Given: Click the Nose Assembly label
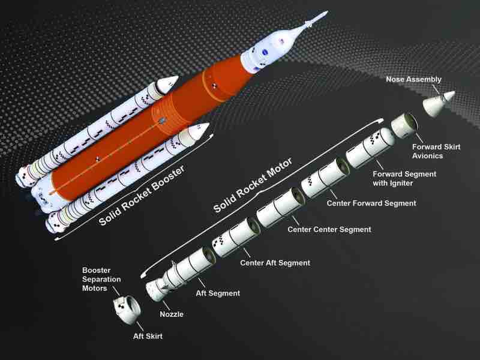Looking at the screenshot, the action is [x=413, y=79].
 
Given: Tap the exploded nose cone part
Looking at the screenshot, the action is [x=439, y=104].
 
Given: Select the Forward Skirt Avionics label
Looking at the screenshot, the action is [x=436, y=151].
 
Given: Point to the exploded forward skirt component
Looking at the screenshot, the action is [x=403, y=125].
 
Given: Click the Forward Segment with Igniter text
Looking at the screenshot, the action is [x=404, y=178].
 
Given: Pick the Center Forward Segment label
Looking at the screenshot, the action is [x=371, y=203].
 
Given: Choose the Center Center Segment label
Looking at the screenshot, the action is [x=329, y=229].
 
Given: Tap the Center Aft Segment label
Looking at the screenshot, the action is [x=275, y=263].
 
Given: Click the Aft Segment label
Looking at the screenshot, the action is [x=218, y=293].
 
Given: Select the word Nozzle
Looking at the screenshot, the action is [x=172, y=314].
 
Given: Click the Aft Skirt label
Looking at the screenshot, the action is [x=148, y=336].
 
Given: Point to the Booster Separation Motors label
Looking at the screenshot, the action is [x=101, y=279].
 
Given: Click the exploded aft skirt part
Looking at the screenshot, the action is [x=127, y=310].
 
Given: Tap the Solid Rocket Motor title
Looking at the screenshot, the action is [x=253, y=185].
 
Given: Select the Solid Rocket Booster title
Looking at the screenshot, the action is [x=142, y=196].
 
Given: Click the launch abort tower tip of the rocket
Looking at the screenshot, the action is [x=326, y=13].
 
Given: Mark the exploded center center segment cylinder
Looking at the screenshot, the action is [x=280, y=207].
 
